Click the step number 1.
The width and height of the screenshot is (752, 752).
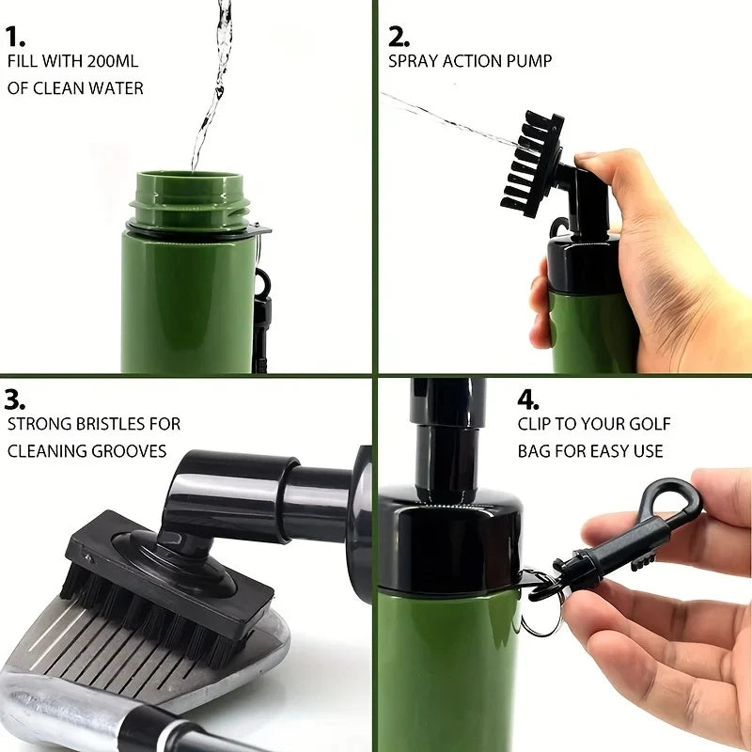tap(14, 37)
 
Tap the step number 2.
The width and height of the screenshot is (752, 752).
tap(399, 37)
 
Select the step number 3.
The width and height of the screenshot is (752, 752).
tap(15, 399)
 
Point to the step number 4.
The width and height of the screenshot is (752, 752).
tap(527, 399)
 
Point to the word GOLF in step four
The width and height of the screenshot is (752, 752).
tap(647, 425)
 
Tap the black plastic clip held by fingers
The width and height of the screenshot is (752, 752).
tap(620, 536)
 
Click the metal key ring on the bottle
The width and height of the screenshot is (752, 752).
tap(538, 616)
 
